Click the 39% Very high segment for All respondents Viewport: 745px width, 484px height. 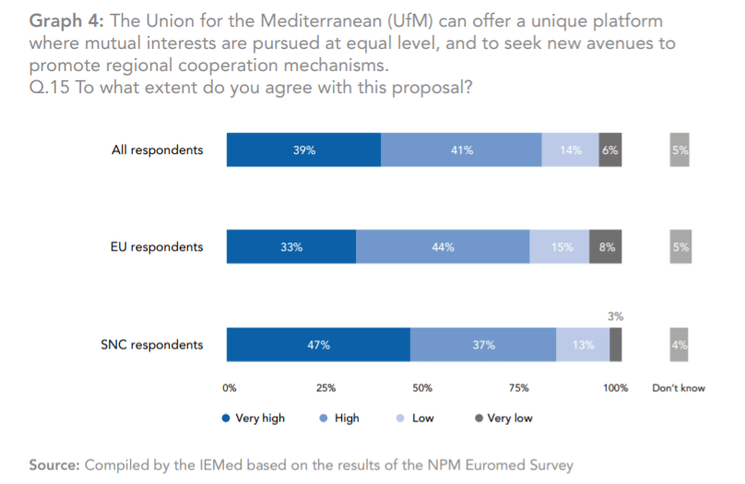[x=304, y=150]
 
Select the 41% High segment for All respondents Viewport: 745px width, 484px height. [x=461, y=150]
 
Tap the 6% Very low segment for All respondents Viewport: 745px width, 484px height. [x=609, y=150]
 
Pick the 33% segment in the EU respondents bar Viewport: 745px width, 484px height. [x=291, y=247]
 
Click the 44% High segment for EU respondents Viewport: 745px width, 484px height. [x=443, y=247]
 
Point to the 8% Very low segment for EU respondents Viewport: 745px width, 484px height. [x=605, y=247]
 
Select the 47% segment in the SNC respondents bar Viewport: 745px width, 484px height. [x=318, y=345]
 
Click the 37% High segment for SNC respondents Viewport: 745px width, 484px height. [x=483, y=345]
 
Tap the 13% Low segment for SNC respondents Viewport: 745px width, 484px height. [x=583, y=345]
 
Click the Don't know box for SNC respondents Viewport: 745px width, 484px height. [x=680, y=345]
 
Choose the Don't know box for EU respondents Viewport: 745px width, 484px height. [x=680, y=247]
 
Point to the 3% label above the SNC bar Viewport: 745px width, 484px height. [x=615, y=316]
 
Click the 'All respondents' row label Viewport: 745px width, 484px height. [x=157, y=150]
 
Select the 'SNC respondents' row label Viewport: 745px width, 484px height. [x=151, y=345]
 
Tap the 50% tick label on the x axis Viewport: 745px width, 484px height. [x=422, y=388]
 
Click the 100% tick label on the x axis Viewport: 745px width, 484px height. [x=615, y=388]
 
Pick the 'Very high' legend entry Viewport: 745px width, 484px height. [x=254, y=418]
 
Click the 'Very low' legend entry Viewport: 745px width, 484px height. [x=503, y=418]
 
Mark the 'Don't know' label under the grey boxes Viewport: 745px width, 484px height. [x=679, y=388]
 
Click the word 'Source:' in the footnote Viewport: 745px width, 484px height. [x=54, y=465]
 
